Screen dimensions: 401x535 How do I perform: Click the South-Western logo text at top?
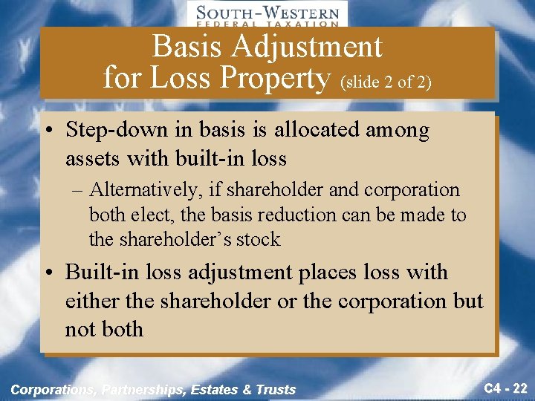click(x=267, y=13)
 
